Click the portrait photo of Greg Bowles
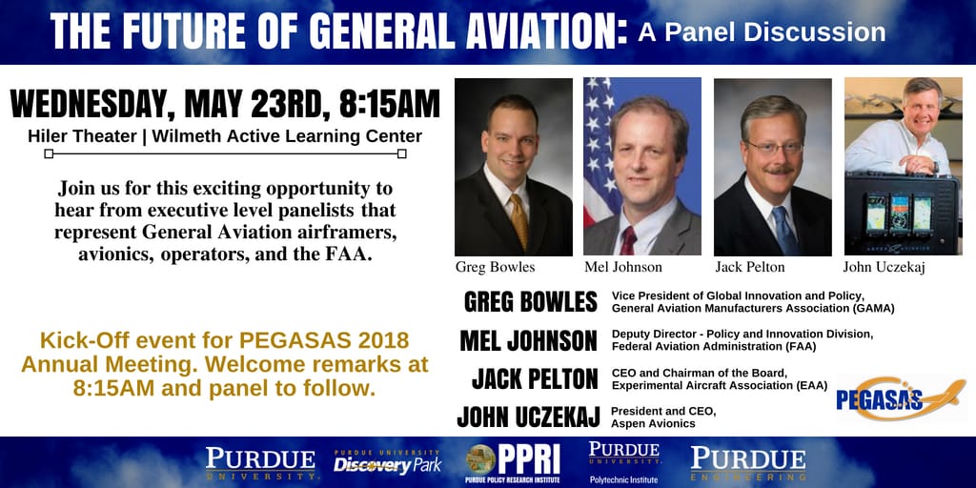tap(513, 167)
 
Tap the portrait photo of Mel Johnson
tap(641, 167)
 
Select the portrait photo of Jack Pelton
tap(772, 167)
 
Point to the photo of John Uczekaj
tap(902, 167)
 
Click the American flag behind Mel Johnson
tap(600, 143)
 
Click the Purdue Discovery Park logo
tap(387, 462)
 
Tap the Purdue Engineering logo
tap(748, 462)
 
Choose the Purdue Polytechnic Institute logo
tap(624, 462)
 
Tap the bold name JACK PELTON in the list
tap(535, 378)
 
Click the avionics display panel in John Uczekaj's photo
tap(901, 214)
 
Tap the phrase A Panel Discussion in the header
tap(762, 32)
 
